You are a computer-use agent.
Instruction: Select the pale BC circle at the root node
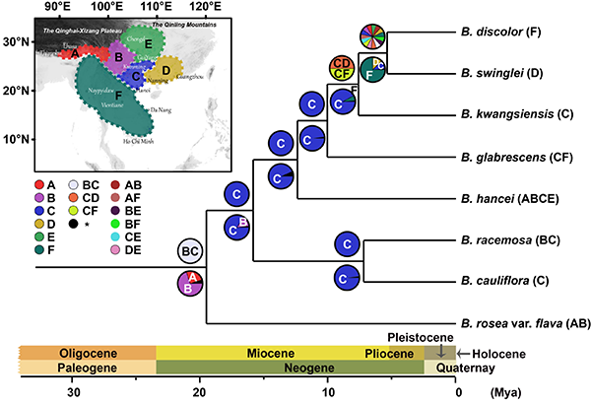point(192,253)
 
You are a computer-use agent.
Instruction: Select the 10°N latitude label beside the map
point(16,138)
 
